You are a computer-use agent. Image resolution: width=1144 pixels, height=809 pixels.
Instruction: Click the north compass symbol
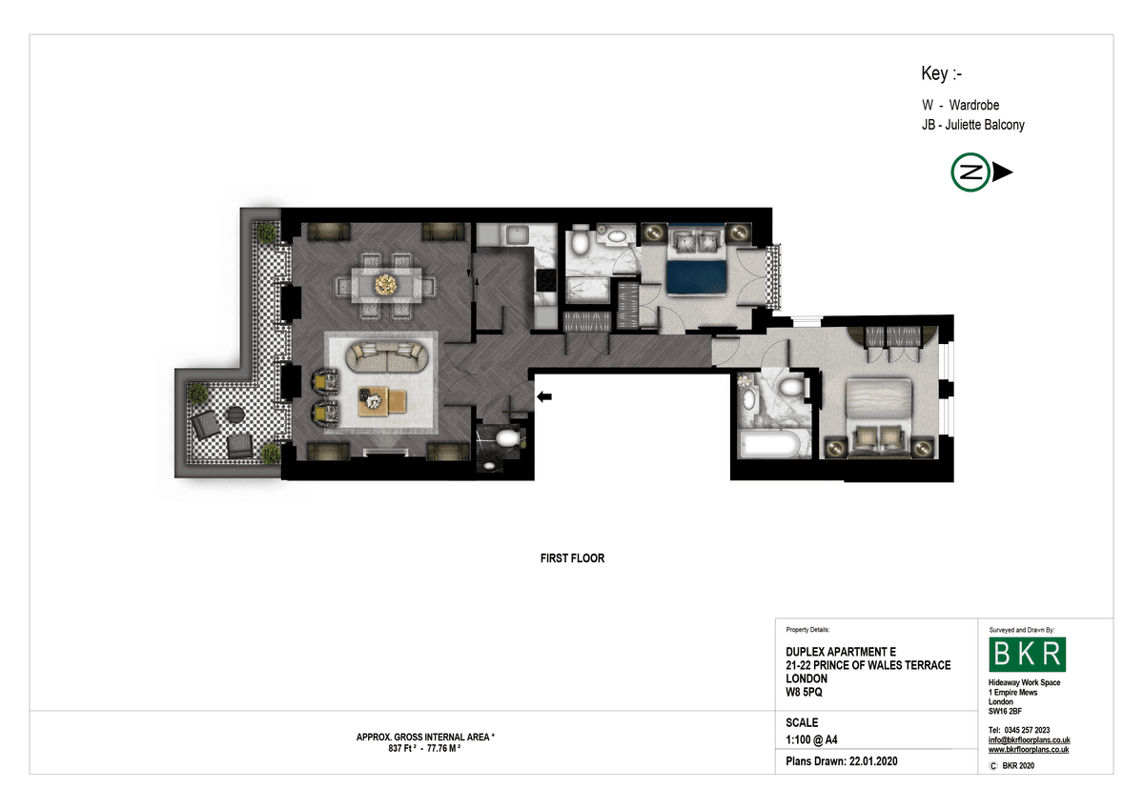point(981,172)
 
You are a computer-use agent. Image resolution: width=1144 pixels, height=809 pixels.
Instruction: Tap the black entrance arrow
point(544,396)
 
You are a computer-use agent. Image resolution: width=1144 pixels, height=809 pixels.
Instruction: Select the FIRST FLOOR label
point(572,558)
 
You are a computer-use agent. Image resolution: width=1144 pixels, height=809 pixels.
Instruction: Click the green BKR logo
point(1027,655)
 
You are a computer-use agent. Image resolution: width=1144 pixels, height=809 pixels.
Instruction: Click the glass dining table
point(386,285)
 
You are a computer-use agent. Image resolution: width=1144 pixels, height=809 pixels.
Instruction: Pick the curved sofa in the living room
point(387,356)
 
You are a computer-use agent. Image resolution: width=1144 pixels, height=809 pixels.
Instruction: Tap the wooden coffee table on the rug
point(382,401)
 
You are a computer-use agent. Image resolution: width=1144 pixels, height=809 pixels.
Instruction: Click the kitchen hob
point(546,280)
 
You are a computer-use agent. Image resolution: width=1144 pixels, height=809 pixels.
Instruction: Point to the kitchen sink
point(517,234)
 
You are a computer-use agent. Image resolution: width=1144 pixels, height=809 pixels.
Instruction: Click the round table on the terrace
point(235,415)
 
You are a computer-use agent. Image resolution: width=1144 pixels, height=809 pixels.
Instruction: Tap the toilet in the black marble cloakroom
point(507,438)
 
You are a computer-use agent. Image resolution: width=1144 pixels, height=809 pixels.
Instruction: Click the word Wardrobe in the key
point(974,105)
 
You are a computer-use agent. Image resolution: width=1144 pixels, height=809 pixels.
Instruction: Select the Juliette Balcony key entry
point(973,125)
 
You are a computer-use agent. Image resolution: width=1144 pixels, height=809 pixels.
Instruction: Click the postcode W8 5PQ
point(804,692)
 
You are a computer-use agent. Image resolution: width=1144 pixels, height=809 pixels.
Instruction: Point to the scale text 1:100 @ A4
point(811,739)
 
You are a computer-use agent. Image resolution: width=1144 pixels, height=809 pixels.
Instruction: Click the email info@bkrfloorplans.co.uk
point(1029,740)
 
